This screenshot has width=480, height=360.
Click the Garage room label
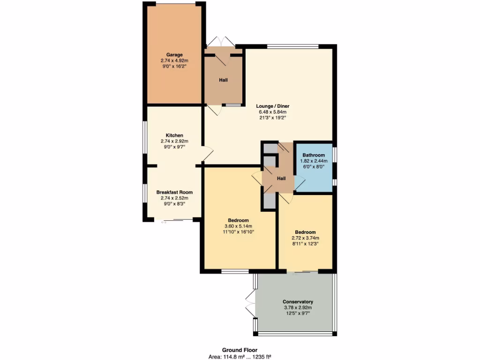tap(174, 55)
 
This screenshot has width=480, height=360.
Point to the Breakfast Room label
tap(174, 192)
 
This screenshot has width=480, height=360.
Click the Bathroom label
tap(314, 155)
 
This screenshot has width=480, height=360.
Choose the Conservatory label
tap(298, 301)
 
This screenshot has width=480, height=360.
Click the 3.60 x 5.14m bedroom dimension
tap(239, 226)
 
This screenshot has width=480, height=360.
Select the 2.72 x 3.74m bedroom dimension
tap(305, 238)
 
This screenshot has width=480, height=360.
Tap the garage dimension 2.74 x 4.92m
tap(174, 60)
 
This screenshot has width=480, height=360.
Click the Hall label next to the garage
tap(224, 80)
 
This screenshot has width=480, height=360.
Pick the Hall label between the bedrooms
tap(281, 179)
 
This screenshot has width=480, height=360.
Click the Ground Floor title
tap(240, 350)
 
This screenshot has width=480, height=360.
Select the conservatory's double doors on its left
tap(250, 303)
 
